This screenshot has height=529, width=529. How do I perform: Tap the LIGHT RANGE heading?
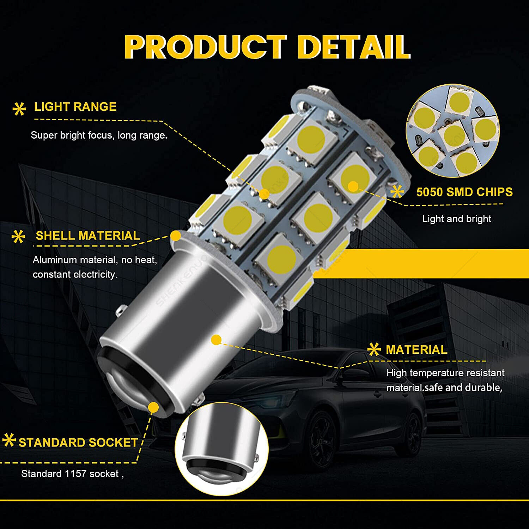[x=75, y=107]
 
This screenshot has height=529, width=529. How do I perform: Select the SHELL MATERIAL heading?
[x=88, y=236]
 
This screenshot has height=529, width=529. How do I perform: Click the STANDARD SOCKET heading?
[x=78, y=442]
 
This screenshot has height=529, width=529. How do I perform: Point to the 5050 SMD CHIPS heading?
[x=464, y=192]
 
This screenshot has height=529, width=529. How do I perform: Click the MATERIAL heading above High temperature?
[x=416, y=349]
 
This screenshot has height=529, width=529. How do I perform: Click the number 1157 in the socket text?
[x=76, y=474]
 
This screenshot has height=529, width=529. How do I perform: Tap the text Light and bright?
[x=456, y=219]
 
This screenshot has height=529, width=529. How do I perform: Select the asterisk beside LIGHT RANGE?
[x=19, y=109]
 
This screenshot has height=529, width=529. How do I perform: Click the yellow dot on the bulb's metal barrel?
[x=216, y=340]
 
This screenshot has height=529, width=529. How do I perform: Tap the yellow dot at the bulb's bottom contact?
[x=153, y=407]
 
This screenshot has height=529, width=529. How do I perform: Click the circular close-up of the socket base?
[x=221, y=449]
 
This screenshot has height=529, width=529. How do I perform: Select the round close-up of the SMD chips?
[x=452, y=130]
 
